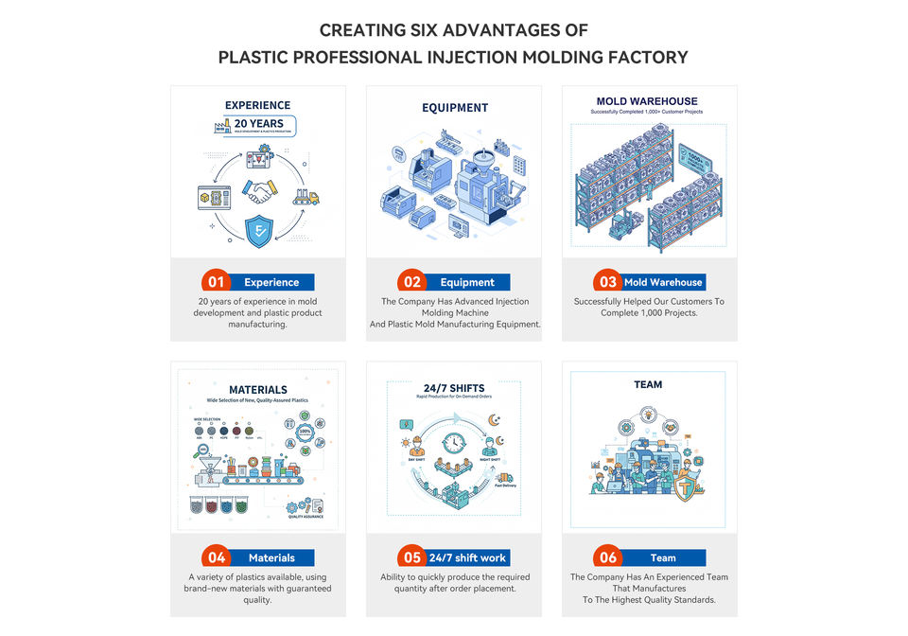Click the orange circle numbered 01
[217, 282]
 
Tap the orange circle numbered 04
[217, 557]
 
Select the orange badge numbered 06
[608, 557]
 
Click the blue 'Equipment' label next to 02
[467, 282]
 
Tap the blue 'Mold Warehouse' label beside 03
[663, 282]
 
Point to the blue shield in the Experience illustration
[258, 230]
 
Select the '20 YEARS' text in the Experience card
[258, 124]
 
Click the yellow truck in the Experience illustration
[306, 197]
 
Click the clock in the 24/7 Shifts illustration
[454, 443]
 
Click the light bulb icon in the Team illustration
[648, 413]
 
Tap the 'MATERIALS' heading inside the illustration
[258, 389]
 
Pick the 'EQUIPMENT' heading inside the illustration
[454, 108]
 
